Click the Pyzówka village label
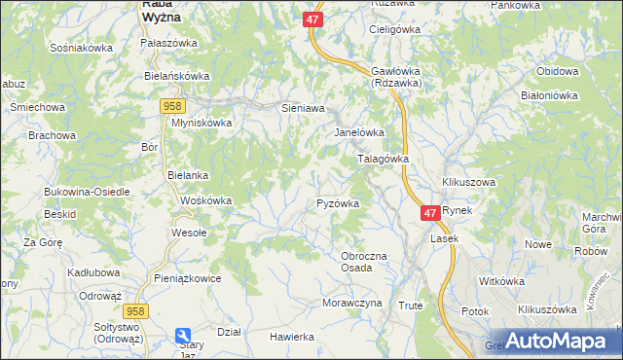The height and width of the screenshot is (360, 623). pyautogui.click(x=339, y=204)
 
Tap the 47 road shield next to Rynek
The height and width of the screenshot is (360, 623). pyautogui.click(x=430, y=211)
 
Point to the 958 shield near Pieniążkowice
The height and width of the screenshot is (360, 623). pyautogui.click(x=134, y=310)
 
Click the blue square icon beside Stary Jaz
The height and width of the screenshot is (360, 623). pyautogui.click(x=182, y=335)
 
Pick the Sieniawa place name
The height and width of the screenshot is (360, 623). pyautogui.click(x=302, y=109)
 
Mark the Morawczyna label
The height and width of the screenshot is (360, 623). pyautogui.click(x=351, y=303)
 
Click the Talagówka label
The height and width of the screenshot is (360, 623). pyautogui.click(x=383, y=159)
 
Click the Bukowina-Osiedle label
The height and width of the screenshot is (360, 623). pyautogui.click(x=87, y=192)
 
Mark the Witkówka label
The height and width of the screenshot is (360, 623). pyautogui.click(x=502, y=281)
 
